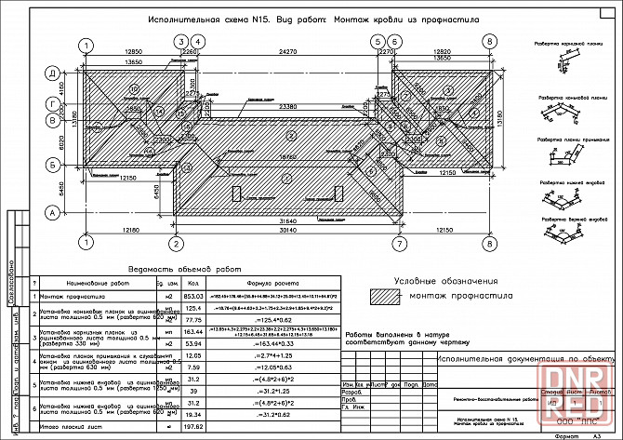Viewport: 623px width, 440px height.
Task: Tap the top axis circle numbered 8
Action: click(489, 44)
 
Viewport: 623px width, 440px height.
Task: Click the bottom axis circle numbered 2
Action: click(174, 244)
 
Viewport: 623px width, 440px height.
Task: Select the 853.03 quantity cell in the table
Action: click(194, 295)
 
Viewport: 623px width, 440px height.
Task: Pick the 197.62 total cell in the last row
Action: click(194, 426)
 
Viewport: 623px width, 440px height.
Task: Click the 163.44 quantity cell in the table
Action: click(194, 331)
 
